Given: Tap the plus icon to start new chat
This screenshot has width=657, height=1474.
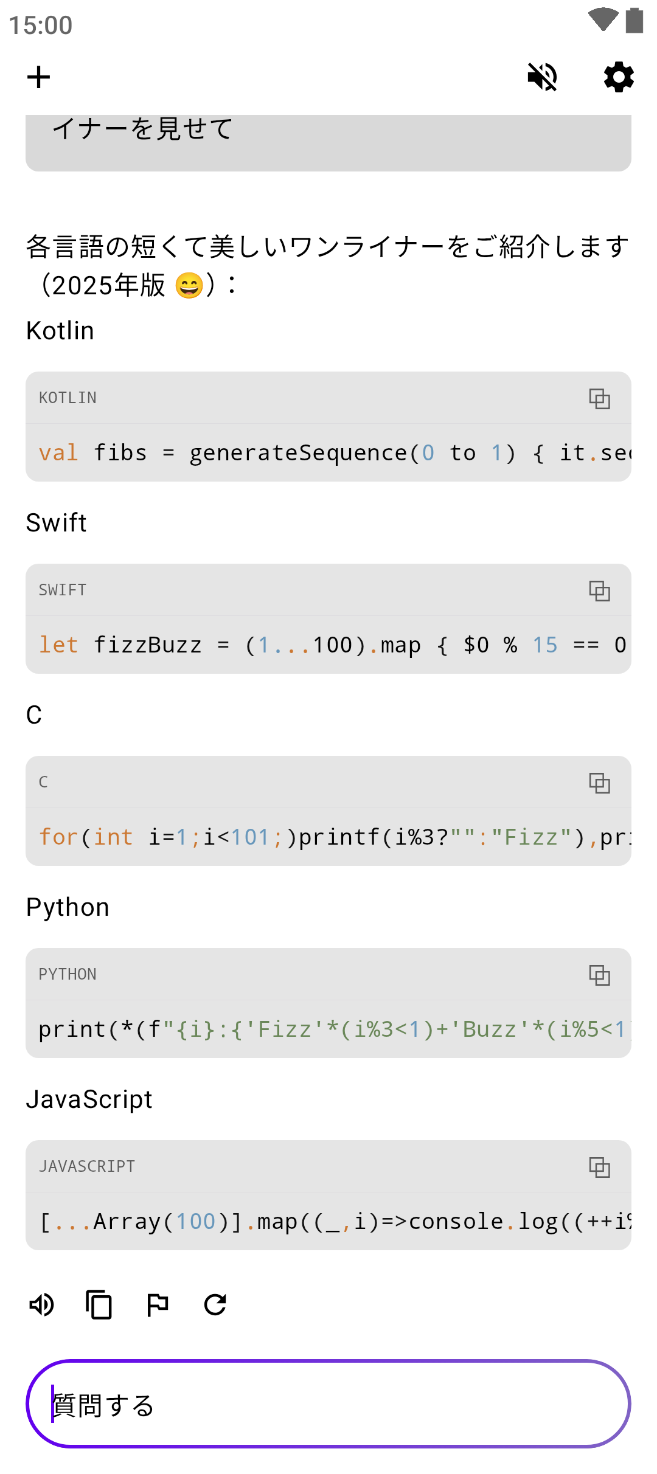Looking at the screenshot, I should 38,77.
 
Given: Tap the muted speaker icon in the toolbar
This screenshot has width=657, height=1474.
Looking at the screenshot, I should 542,77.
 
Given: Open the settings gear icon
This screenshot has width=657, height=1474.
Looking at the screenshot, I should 619,77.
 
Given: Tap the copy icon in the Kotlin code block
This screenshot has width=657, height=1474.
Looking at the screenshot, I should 599,398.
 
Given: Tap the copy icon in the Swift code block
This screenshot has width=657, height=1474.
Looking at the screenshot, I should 599,590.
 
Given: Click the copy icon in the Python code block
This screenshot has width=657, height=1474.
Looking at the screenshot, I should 599,975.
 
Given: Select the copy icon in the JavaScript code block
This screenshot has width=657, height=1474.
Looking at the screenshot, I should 599,1167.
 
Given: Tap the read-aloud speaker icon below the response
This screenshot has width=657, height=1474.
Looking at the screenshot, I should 41,1304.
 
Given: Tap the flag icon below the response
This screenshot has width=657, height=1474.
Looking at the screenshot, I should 158,1304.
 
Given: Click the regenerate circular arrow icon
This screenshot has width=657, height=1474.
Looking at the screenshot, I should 215,1304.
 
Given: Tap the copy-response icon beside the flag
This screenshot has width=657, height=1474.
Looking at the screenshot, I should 99,1304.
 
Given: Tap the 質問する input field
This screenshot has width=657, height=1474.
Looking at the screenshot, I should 328,1404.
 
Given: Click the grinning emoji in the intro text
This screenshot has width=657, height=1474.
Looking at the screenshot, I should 189,285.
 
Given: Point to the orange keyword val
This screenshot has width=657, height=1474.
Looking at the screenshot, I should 58,453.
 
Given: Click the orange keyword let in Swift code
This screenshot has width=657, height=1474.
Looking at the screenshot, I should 58,645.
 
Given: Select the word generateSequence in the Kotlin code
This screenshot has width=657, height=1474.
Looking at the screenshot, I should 298,453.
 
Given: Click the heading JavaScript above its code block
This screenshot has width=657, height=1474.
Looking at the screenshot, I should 89,1099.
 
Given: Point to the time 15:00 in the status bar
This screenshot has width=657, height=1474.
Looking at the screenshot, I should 41,26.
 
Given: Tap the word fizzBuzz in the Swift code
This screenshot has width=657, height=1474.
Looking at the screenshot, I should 147,645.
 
